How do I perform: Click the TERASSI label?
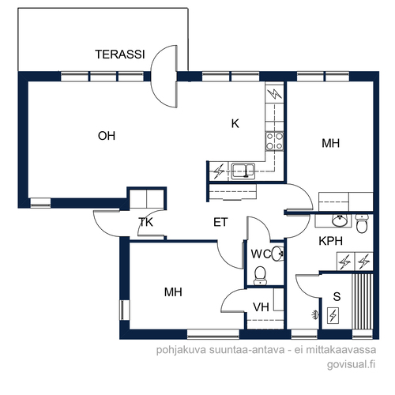coord(120,55)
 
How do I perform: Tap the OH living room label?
coord(107,136)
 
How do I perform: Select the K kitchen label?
coord(235,123)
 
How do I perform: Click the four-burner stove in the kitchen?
coord(274,141)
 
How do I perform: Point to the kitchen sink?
coord(243,171)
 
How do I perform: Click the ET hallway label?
coord(220,223)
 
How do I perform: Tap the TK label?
coord(145,222)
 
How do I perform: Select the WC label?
coord(261,254)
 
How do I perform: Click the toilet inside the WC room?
coord(261,276)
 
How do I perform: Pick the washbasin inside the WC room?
coord(277,254)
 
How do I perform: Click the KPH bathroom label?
coord(330,241)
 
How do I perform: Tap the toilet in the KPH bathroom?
coord(362,224)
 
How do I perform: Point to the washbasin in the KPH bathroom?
coord(340,220)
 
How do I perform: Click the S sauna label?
coord(337,296)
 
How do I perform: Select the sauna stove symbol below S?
coord(333,315)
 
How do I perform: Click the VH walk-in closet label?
coord(261,307)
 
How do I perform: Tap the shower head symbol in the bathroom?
coord(315,314)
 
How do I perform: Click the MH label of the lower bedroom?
coord(173,292)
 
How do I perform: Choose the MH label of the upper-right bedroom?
coord(330,143)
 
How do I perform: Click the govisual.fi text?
coord(351,365)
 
